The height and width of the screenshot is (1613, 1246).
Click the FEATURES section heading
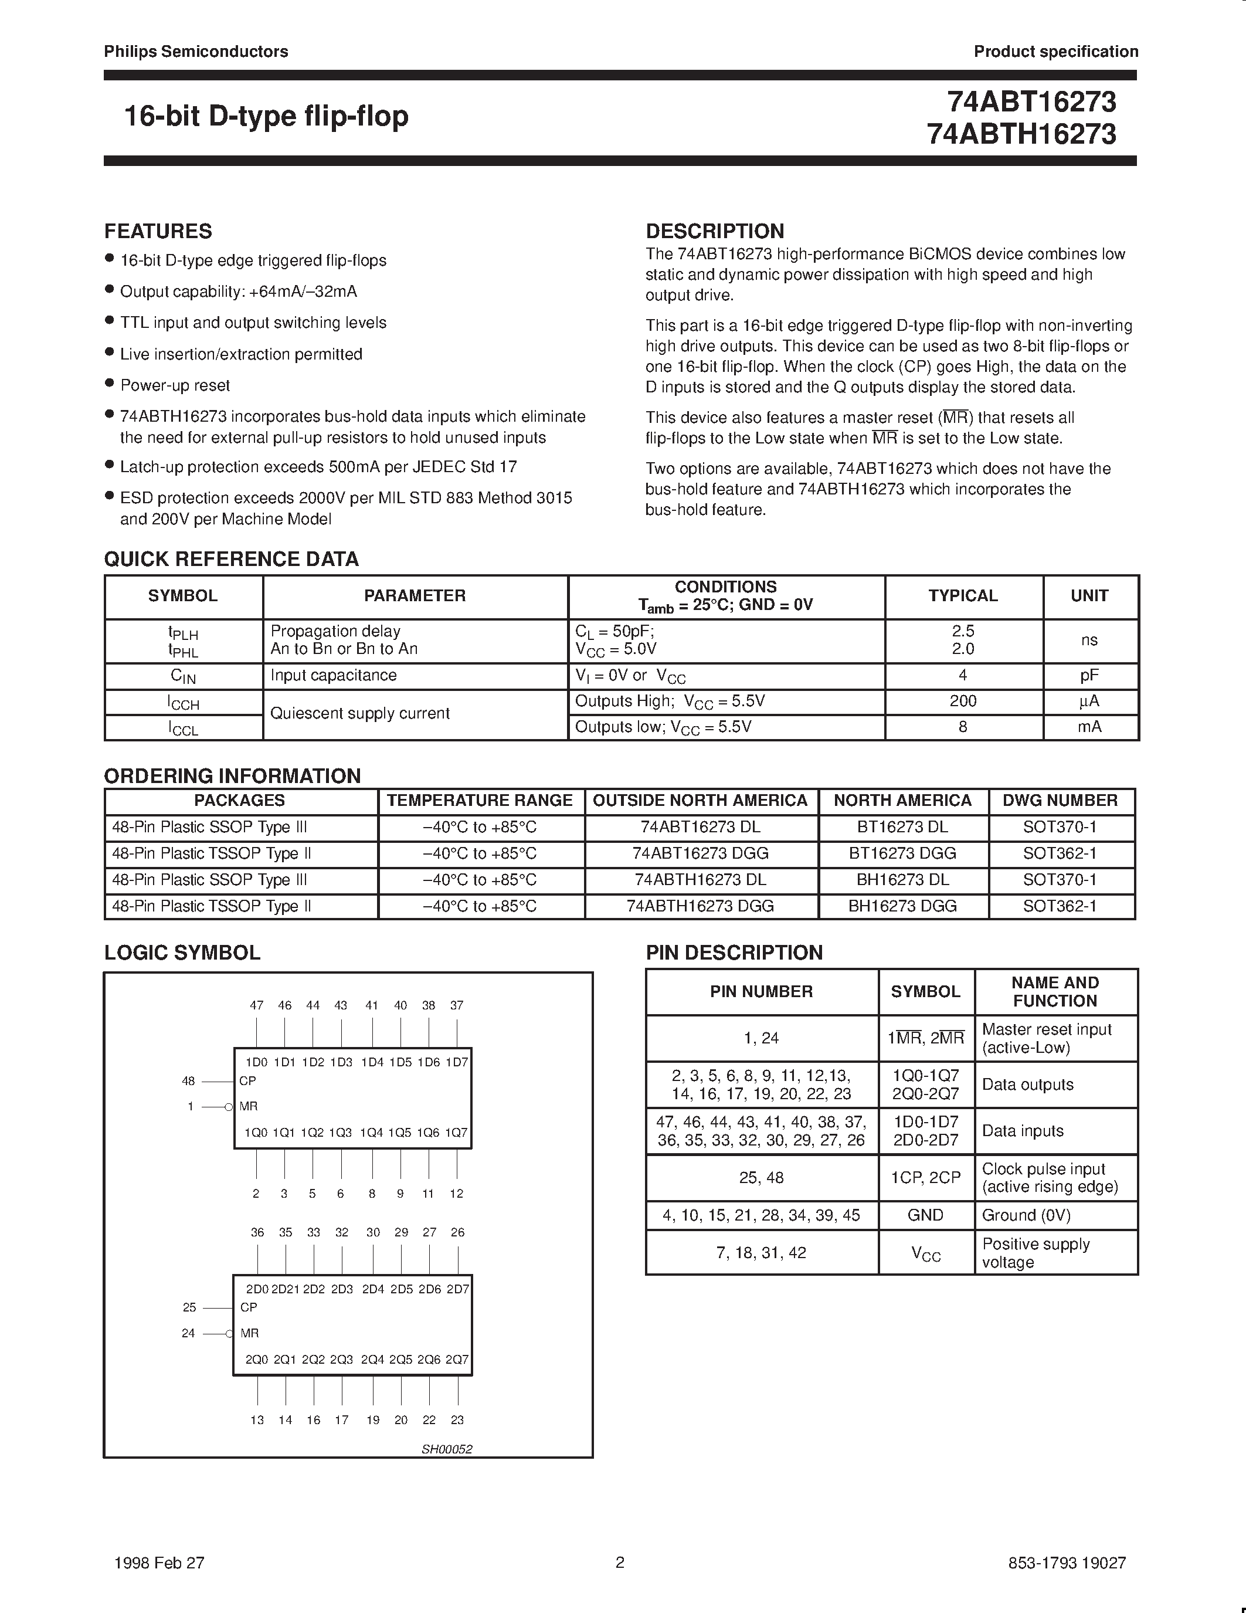pyautogui.click(x=158, y=231)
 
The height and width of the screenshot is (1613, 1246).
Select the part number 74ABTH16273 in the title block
pyautogui.click(x=1021, y=134)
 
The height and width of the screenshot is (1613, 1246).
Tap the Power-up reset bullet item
pyautogui.click(x=175, y=385)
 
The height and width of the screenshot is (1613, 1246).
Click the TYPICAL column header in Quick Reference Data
pyautogui.click(x=963, y=596)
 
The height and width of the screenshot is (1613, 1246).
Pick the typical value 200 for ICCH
pyautogui.click(x=963, y=701)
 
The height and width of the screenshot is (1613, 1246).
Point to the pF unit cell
pyautogui.click(x=1089, y=675)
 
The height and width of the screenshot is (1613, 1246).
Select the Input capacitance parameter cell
pyautogui.click(x=334, y=675)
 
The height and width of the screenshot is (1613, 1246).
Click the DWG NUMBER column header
pyautogui.click(x=1060, y=801)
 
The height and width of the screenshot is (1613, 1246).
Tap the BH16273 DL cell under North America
pyautogui.click(x=902, y=880)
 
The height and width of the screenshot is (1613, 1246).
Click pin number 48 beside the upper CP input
pyautogui.click(x=188, y=1081)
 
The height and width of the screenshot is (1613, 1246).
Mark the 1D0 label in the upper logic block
pyautogui.click(x=256, y=1063)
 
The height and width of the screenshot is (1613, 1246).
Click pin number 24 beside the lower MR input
pyautogui.click(x=188, y=1334)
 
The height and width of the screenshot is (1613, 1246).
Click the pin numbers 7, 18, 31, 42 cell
pyautogui.click(x=761, y=1253)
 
